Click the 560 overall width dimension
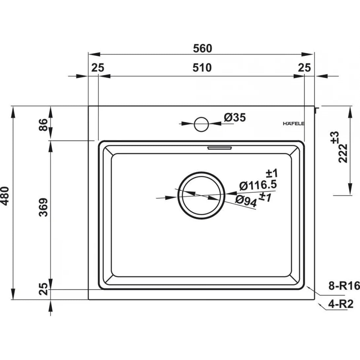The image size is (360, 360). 202,49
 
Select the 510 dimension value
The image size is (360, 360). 202,68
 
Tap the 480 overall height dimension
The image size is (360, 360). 5,196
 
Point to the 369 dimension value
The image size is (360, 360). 43,207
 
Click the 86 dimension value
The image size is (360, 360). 43,125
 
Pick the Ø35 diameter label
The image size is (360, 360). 235,118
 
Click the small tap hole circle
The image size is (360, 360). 201,124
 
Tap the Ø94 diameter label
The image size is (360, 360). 246,201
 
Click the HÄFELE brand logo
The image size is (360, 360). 293,124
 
